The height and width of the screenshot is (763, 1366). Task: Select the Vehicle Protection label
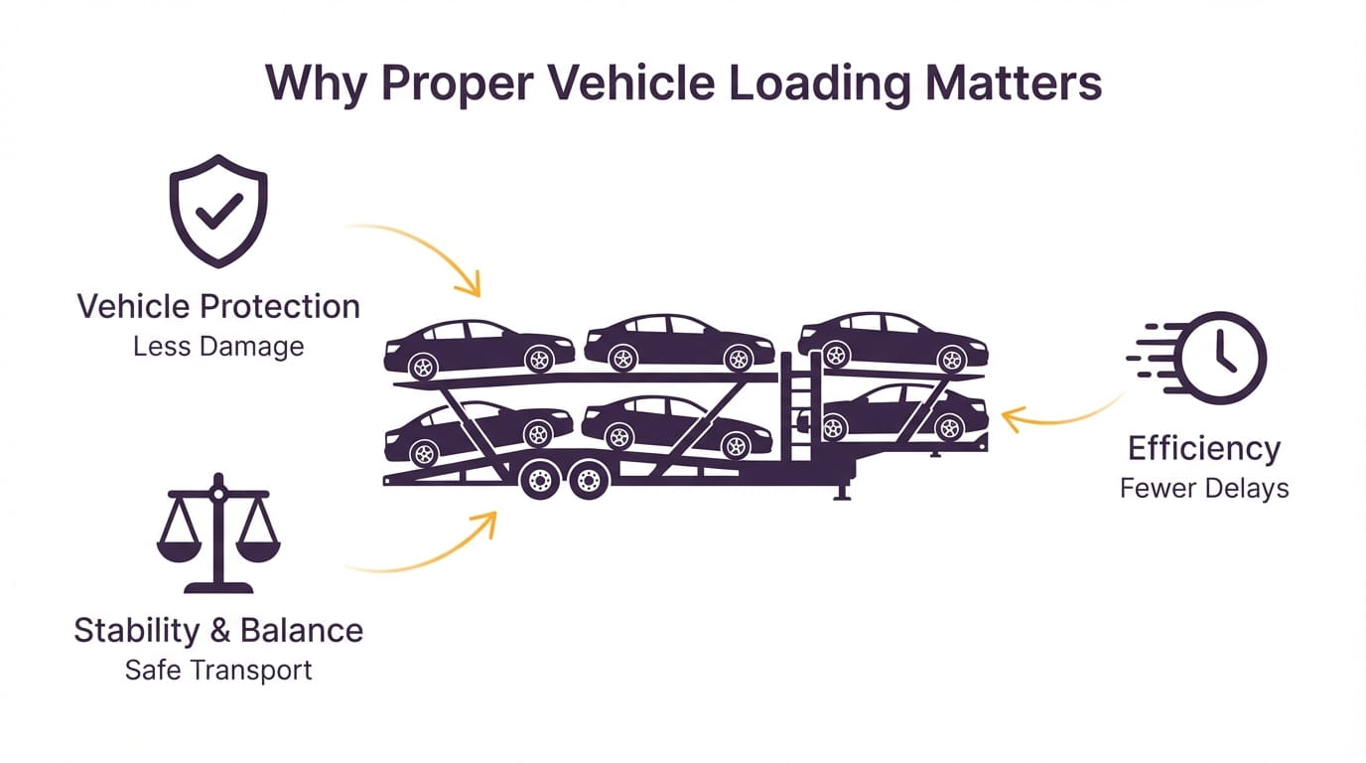click(218, 305)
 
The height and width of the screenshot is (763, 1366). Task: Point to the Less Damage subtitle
click(218, 347)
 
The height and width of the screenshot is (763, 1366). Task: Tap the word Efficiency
click(1204, 448)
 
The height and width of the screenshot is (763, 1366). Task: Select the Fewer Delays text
click(1204, 488)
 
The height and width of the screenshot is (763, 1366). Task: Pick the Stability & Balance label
click(218, 630)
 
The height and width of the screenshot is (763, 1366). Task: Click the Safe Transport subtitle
click(218, 670)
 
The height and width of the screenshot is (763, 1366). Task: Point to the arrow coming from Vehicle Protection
click(427, 248)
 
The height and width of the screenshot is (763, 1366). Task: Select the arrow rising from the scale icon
click(437, 551)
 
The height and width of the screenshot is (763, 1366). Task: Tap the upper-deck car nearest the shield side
click(479, 347)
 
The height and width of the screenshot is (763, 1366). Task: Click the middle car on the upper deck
click(679, 344)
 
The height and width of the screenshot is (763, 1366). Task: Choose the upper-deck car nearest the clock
click(892, 342)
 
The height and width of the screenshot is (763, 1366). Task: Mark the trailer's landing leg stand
click(842, 487)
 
